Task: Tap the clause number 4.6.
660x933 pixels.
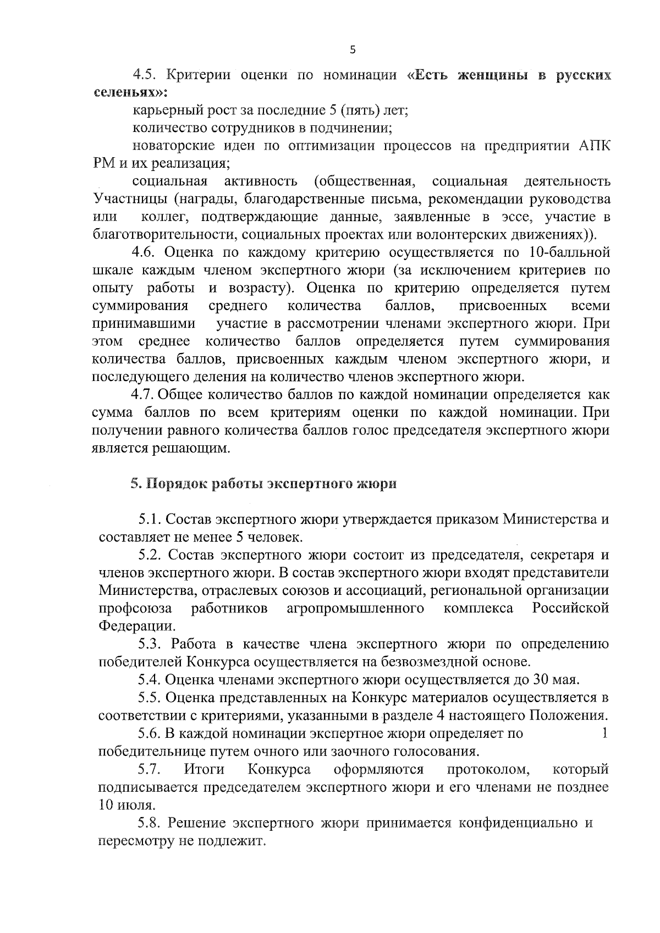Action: pos(144,252)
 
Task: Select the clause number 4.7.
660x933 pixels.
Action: pos(144,395)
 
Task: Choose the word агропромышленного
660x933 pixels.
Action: pos(356,608)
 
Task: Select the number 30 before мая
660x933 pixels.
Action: pos(540,680)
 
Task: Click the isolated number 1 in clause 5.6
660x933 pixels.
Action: pos(604,733)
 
